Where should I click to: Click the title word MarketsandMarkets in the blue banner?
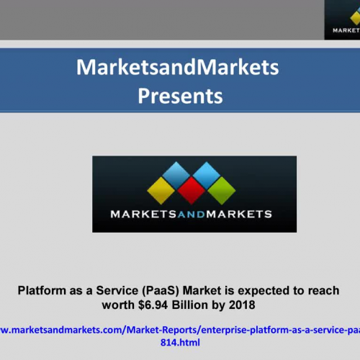click(177, 68)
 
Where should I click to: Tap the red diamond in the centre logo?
click(191, 190)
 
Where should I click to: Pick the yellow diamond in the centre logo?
click(161, 190)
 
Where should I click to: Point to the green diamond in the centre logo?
click(221, 190)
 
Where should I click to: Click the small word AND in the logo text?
click(190, 213)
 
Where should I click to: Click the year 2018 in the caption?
click(242, 305)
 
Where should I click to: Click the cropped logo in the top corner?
click(342, 19)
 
